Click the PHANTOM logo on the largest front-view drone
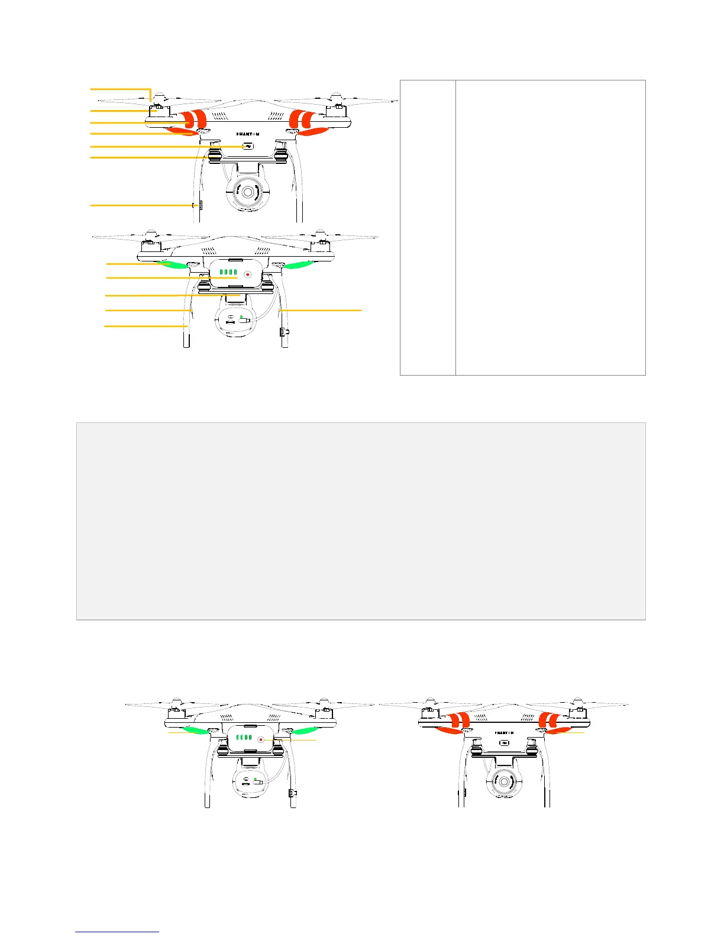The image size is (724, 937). coord(244,134)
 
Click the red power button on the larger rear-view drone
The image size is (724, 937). coord(248,275)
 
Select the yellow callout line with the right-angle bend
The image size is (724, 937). coord(121,89)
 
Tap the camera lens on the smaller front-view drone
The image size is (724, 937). coord(503,782)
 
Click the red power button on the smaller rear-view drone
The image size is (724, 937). coord(260,739)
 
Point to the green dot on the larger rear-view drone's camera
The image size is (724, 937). coord(241,317)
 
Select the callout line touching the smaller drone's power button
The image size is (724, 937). coord(293,740)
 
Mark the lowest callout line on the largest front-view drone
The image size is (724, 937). coord(142,205)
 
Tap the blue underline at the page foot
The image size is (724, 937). coord(117,932)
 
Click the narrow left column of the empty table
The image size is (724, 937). coord(428,227)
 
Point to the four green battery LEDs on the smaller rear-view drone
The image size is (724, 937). coord(243,738)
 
